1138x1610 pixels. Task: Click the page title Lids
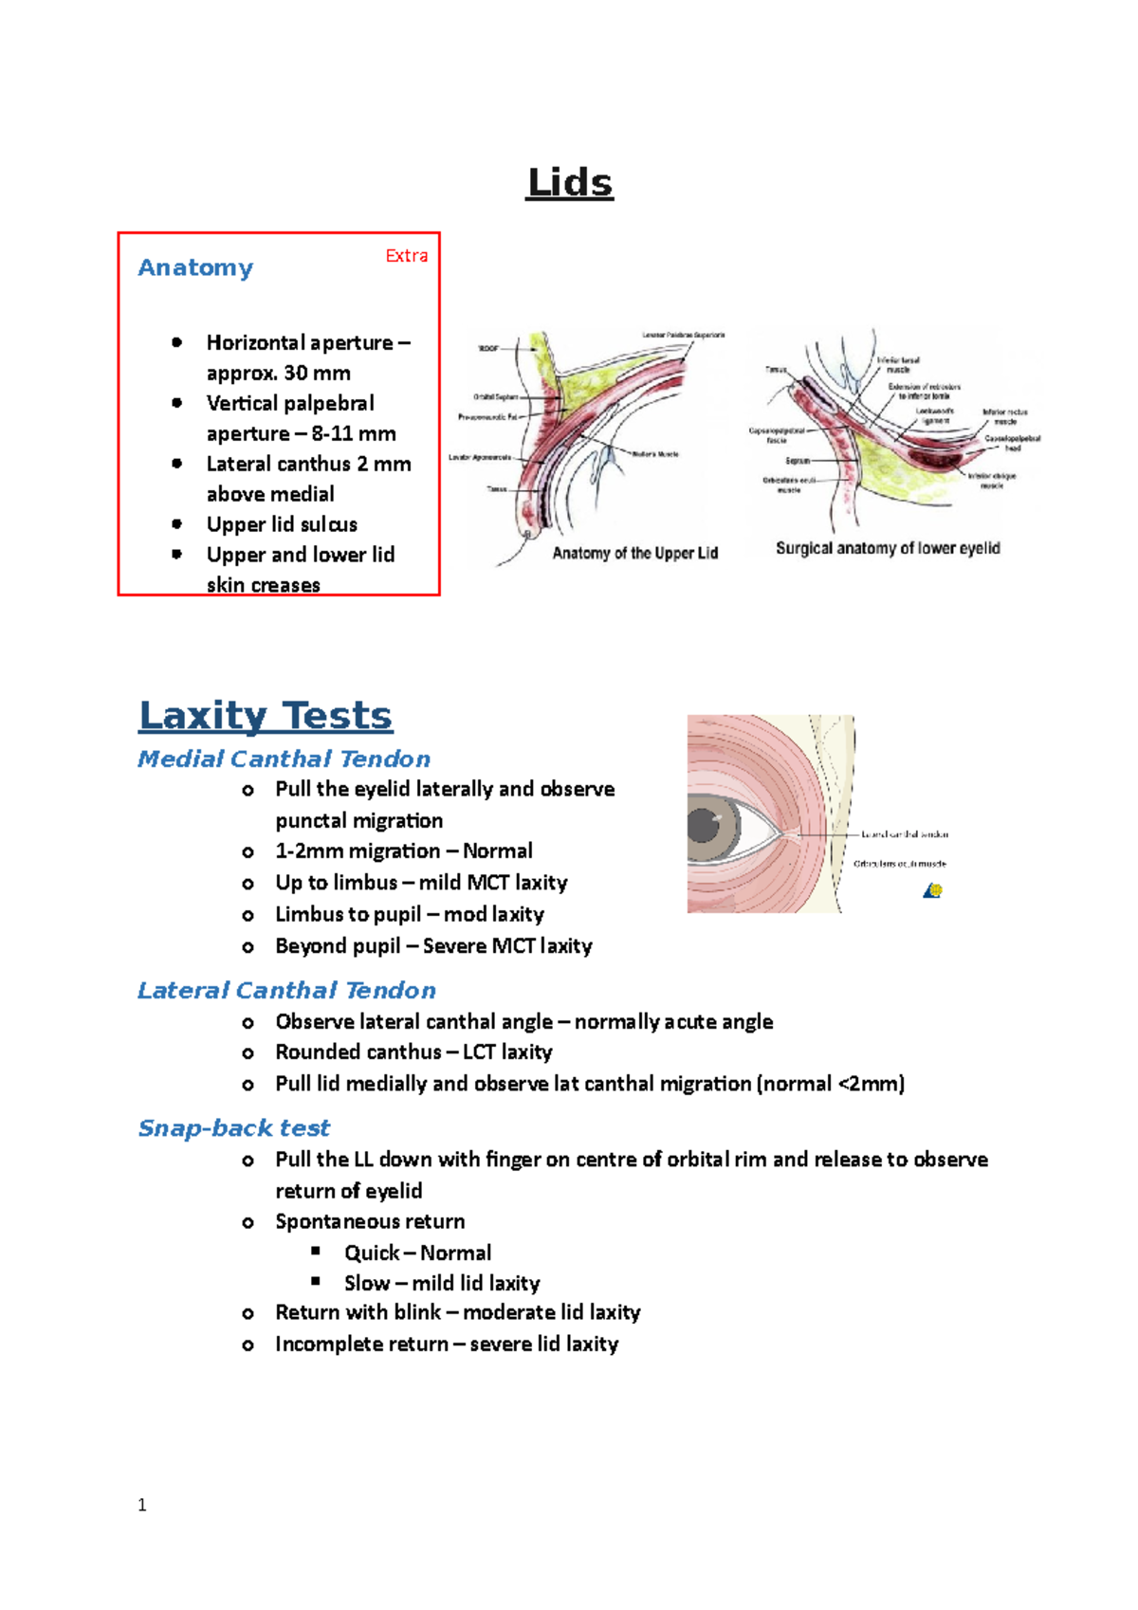click(569, 182)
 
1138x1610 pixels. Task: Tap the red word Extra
click(406, 256)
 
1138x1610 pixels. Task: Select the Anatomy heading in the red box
click(195, 267)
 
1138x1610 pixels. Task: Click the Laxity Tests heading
click(266, 715)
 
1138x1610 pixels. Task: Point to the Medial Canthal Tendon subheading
click(284, 759)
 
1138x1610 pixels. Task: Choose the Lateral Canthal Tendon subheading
click(286, 990)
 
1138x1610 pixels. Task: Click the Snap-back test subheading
click(233, 1127)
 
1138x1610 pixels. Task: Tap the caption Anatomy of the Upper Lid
click(634, 553)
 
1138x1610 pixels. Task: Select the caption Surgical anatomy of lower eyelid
click(888, 548)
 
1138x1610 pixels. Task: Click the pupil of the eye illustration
click(706, 825)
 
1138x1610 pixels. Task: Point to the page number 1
click(142, 1505)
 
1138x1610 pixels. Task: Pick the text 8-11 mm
click(353, 433)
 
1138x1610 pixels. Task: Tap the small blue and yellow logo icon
click(933, 890)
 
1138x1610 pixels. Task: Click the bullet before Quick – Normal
click(316, 1252)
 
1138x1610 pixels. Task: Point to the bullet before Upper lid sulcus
click(177, 523)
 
